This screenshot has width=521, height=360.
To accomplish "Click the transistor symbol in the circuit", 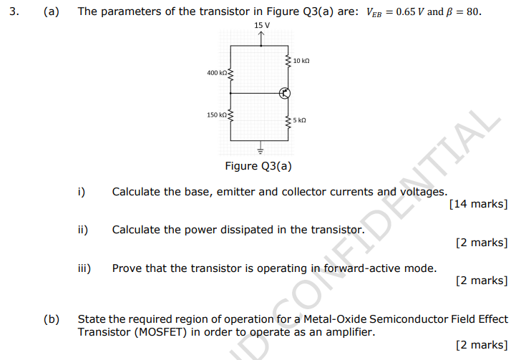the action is (285, 94).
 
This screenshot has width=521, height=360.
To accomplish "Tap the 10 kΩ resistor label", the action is (301, 61).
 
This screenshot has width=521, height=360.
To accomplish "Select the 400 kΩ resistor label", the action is (217, 73).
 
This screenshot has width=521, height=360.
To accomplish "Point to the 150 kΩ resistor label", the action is (217, 115).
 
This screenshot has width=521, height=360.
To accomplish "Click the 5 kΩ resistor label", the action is (299, 120).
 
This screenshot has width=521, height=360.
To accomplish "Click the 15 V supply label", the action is (262, 25).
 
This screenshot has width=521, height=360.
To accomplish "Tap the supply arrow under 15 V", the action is (261, 39).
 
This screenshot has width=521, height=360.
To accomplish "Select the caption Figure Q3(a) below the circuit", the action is (258, 166).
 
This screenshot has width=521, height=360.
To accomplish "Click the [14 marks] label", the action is (479, 204).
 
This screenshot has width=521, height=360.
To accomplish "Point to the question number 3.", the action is (14, 11).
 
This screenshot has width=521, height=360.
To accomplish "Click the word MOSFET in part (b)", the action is (161, 332).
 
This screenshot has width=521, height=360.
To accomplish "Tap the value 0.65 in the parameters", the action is (406, 11).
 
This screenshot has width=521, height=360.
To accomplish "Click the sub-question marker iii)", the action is (84, 268).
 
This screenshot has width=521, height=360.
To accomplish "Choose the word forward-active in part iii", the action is (362, 268).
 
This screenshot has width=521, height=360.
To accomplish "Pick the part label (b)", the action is (52, 319).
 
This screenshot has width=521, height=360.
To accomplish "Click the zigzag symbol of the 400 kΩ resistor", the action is (230, 75).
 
